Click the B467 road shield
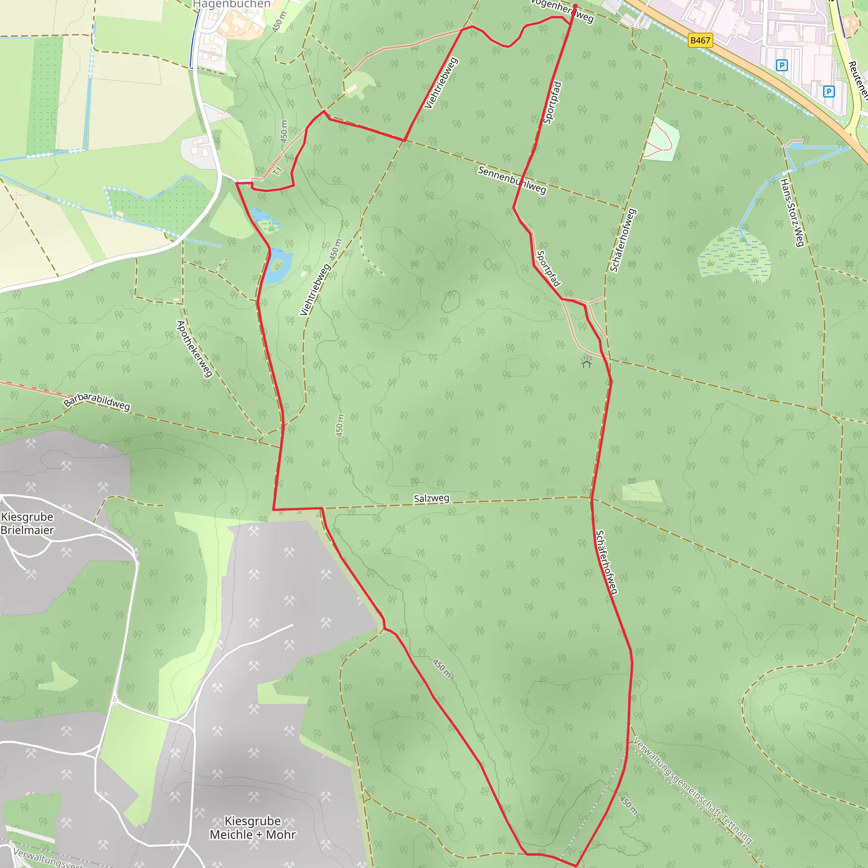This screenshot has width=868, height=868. [700, 41]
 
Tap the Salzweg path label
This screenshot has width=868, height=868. [431, 498]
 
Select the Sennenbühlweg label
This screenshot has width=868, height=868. [512, 180]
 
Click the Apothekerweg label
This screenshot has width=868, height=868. [194, 349]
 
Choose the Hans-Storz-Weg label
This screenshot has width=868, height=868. [792, 212]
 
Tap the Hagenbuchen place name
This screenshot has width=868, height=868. [231, 5]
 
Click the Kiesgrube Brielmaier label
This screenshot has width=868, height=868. [27, 523]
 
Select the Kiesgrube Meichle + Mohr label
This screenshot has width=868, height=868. [253, 828]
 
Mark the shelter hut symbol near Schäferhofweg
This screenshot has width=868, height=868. [586, 362]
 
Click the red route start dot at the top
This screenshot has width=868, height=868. [575, 6]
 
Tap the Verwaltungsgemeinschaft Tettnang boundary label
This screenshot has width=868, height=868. [692, 790]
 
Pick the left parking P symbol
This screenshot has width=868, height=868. [782, 66]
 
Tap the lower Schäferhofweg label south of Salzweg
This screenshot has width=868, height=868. [606, 562]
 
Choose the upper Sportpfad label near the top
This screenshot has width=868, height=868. [552, 103]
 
